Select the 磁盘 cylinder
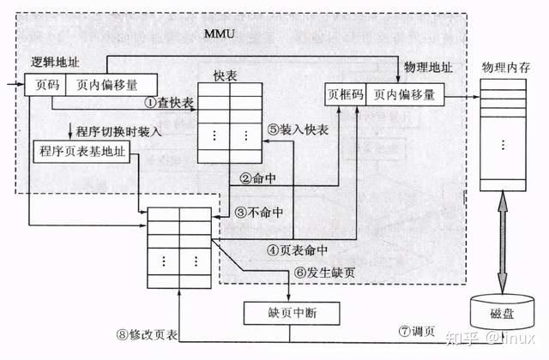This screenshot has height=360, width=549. [x=504, y=309]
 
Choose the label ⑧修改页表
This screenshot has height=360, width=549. [x=143, y=335]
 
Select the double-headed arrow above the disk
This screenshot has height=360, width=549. [x=504, y=241]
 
